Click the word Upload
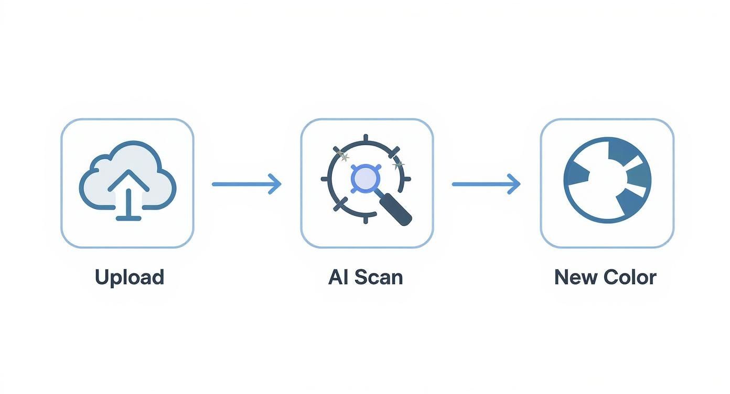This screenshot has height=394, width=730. (130, 277)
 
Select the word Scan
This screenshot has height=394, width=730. (378, 277)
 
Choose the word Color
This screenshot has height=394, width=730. (630, 277)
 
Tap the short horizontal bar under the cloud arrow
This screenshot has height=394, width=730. (128, 217)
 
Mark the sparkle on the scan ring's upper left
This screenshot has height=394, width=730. (342, 155)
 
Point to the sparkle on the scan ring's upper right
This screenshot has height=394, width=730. (398, 164)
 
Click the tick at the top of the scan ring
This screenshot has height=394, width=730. (366, 138)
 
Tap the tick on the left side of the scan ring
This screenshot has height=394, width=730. (325, 179)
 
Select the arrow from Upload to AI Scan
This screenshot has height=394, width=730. (246, 184)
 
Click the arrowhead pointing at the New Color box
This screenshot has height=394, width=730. (514, 184)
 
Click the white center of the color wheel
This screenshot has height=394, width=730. (603, 183)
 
